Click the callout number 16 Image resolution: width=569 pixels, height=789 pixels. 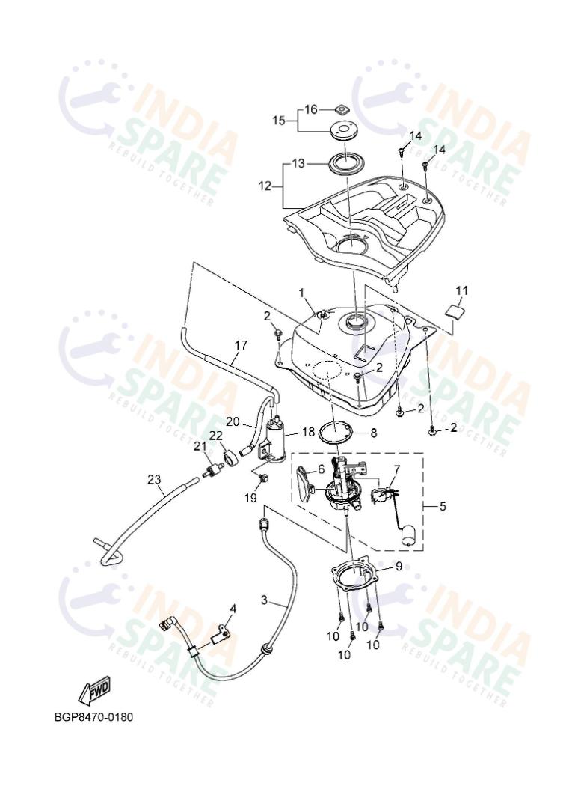click(x=310, y=109)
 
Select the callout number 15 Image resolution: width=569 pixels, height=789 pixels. click(x=279, y=120)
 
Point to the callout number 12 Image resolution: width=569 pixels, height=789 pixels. click(x=266, y=186)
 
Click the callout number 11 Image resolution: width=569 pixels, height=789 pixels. click(x=462, y=290)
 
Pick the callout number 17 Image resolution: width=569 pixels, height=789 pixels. click(x=240, y=346)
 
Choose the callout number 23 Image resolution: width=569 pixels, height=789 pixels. click(x=154, y=479)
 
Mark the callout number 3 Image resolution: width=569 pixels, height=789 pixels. click(x=263, y=600)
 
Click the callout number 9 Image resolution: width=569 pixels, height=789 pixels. click(x=399, y=567)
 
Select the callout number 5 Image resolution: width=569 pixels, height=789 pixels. click(x=442, y=507)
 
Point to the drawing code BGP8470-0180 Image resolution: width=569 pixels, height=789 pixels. click(x=93, y=717)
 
